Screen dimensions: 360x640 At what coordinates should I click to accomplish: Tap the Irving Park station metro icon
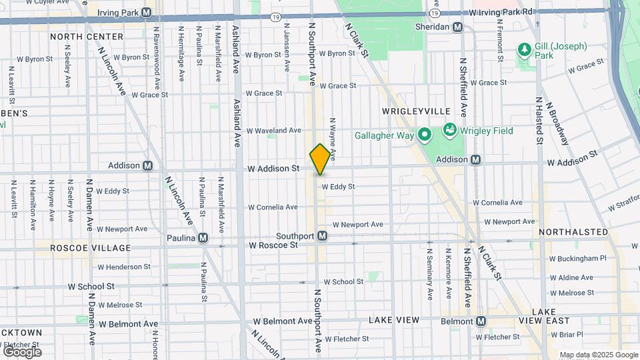pos(147,12)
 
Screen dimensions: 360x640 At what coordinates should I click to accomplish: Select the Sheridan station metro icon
pos(457,27)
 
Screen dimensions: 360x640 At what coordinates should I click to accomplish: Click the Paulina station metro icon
pos(203,238)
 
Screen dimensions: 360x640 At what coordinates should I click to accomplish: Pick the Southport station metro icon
pos(322,235)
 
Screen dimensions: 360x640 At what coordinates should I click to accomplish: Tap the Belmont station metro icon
pos(480,321)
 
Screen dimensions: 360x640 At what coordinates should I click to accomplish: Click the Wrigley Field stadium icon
pos(449,131)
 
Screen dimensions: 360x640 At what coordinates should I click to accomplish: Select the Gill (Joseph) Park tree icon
pos(525,50)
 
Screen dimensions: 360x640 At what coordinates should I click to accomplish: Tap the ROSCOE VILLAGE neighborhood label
pos(91,248)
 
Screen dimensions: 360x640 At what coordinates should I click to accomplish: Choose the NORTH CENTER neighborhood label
pos(87,37)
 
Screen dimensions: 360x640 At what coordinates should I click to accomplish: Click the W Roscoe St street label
pos(273,245)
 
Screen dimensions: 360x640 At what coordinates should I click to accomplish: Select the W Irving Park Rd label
pos(501,12)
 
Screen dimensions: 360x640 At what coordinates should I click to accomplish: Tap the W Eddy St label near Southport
pos(338,187)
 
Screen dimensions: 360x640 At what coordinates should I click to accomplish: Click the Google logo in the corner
pos(22,351)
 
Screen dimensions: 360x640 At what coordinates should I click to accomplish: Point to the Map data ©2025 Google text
pos(598,355)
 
